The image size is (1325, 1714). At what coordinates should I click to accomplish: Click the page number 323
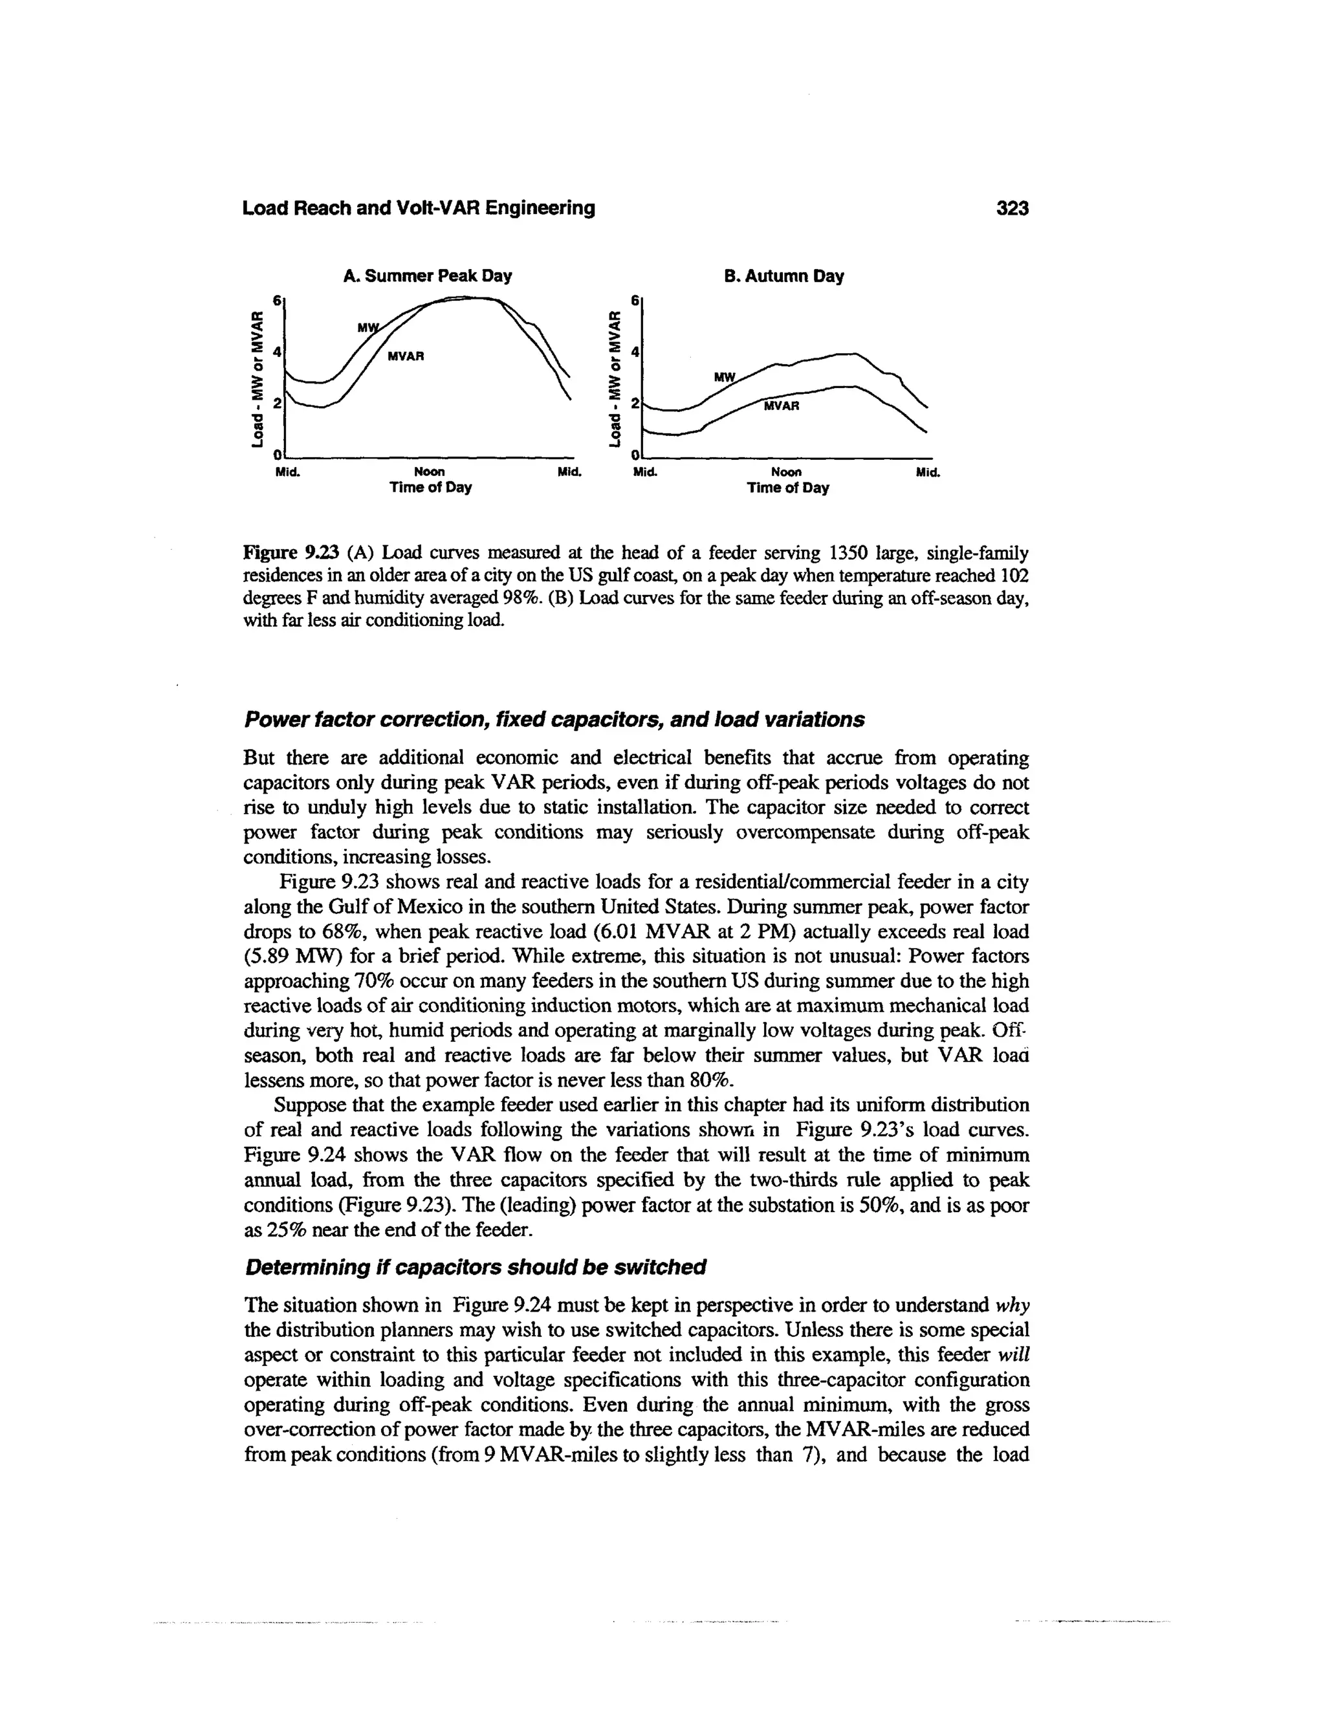tap(1012, 208)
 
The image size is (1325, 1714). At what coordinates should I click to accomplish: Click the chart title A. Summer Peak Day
tap(427, 276)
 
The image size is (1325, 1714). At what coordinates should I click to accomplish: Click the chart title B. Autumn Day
tap(783, 276)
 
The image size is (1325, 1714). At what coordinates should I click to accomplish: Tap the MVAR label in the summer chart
tap(406, 356)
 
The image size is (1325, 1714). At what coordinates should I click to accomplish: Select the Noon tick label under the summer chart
tap(430, 472)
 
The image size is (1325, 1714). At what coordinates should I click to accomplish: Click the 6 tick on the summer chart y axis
tap(276, 301)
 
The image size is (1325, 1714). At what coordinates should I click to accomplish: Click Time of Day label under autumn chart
tap(787, 488)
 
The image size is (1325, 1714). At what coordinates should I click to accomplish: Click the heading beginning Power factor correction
tap(554, 720)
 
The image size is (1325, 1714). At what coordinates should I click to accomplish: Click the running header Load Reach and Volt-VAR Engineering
tap(419, 208)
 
